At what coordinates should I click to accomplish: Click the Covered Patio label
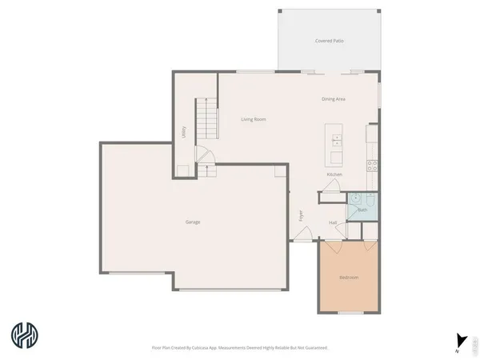point(330,40)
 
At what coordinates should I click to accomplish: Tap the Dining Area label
point(334,99)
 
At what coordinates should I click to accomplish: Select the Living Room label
point(254,119)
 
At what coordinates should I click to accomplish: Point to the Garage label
point(193,222)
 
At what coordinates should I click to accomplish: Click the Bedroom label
point(349,278)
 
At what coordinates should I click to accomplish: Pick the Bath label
point(362,210)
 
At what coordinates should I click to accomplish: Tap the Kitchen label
point(334,174)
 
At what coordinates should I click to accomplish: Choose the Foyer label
point(302,215)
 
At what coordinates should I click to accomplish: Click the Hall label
point(333,222)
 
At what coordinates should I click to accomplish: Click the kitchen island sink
point(337,142)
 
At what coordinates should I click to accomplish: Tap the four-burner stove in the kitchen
point(373,166)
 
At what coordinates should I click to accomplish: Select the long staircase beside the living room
point(208,121)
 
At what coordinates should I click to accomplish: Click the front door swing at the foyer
point(303,233)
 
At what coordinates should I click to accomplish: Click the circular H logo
point(23,335)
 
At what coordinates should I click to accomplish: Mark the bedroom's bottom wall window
point(349,312)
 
